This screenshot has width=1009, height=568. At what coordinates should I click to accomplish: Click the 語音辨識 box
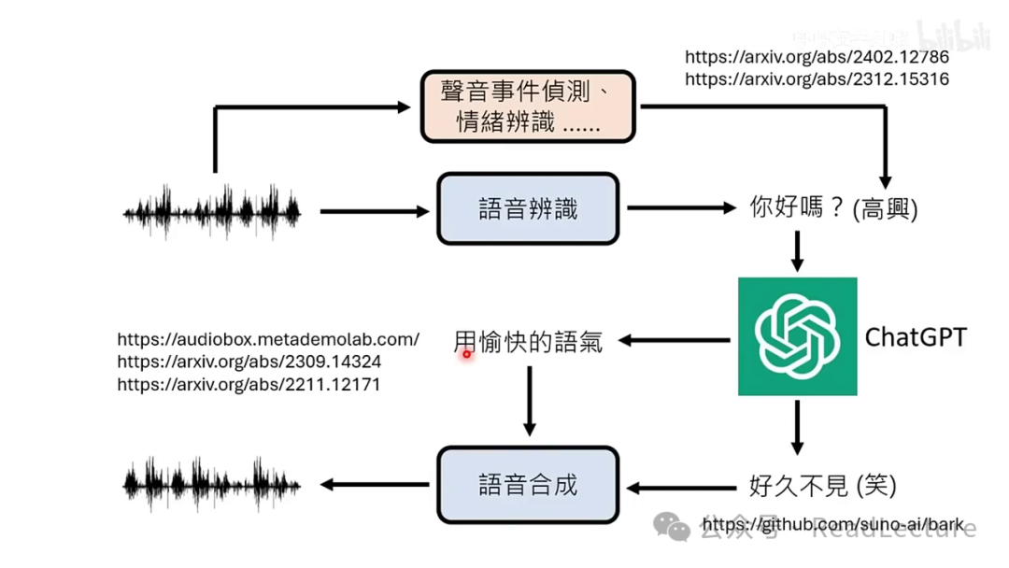point(528,209)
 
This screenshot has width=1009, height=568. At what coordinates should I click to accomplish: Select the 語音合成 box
point(528,485)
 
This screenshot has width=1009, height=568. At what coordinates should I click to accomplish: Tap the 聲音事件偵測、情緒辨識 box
point(528,107)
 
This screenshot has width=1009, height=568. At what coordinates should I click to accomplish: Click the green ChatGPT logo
point(797,336)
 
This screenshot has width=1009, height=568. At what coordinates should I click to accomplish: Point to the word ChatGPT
point(916,336)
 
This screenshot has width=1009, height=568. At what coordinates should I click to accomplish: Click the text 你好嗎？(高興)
point(834,208)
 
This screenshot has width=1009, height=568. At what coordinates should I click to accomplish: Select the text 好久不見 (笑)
point(822,485)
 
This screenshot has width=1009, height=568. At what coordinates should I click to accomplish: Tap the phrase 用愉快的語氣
point(528,342)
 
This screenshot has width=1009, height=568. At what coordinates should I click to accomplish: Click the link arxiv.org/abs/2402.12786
point(817,57)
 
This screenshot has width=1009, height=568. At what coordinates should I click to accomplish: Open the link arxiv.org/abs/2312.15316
point(817,79)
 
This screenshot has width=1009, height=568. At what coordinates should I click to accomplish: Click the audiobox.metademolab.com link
point(268,339)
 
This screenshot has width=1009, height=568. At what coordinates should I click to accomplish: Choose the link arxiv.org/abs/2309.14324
point(249,362)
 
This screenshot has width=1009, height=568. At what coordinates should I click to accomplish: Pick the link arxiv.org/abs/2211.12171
point(249,384)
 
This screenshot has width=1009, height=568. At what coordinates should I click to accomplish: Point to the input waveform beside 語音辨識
point(212,211)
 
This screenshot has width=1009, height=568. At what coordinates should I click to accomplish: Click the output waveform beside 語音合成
point(212,485)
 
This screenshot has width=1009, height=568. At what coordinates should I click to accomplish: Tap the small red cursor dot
point(466,354)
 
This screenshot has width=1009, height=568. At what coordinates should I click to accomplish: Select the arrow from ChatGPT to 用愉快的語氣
point(675,341)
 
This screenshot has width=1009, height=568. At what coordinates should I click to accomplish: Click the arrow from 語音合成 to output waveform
point(374,485)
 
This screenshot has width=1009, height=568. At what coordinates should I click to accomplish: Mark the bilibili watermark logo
point(953,35)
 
